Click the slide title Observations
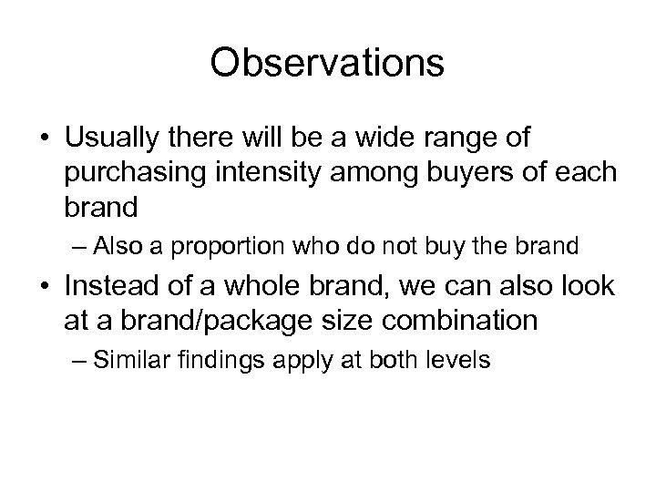tap(327, 64)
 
